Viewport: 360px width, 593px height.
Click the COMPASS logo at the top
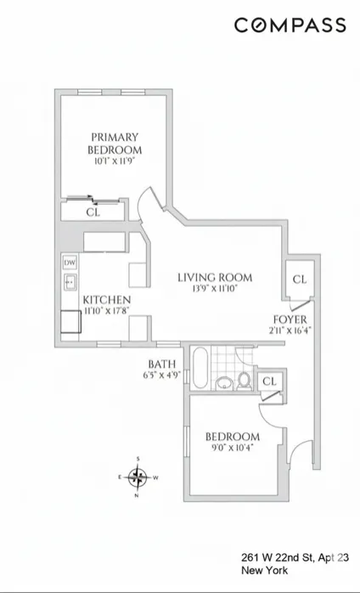pyautogui.click(x=290, y=25)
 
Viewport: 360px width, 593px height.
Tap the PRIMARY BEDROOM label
pyautogui.click(x=115, y=144)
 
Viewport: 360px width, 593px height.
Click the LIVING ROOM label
pyautogui.click(x=215, y=277)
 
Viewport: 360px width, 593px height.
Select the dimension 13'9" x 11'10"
pyautogui.click(x=215, y=289)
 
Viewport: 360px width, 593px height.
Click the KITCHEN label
pyautogui.click(x=106, y=301)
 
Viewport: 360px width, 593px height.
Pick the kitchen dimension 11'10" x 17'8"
pyautogui.click(x=106, y=312)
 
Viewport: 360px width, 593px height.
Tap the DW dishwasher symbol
pyautogui.click(x=70, y=263)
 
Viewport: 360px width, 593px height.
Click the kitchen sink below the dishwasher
pyautogui.click(x=70, y=281)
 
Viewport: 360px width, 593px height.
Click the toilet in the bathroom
pyautogui.click(x=245, y=380)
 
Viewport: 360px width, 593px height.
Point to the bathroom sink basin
pyautogui.click(x=224, y=381)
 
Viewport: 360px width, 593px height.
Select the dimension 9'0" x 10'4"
pyautogui.click(x=231, y=444)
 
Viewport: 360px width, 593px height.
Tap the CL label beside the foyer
pyautogui.click(x=299, y=280)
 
